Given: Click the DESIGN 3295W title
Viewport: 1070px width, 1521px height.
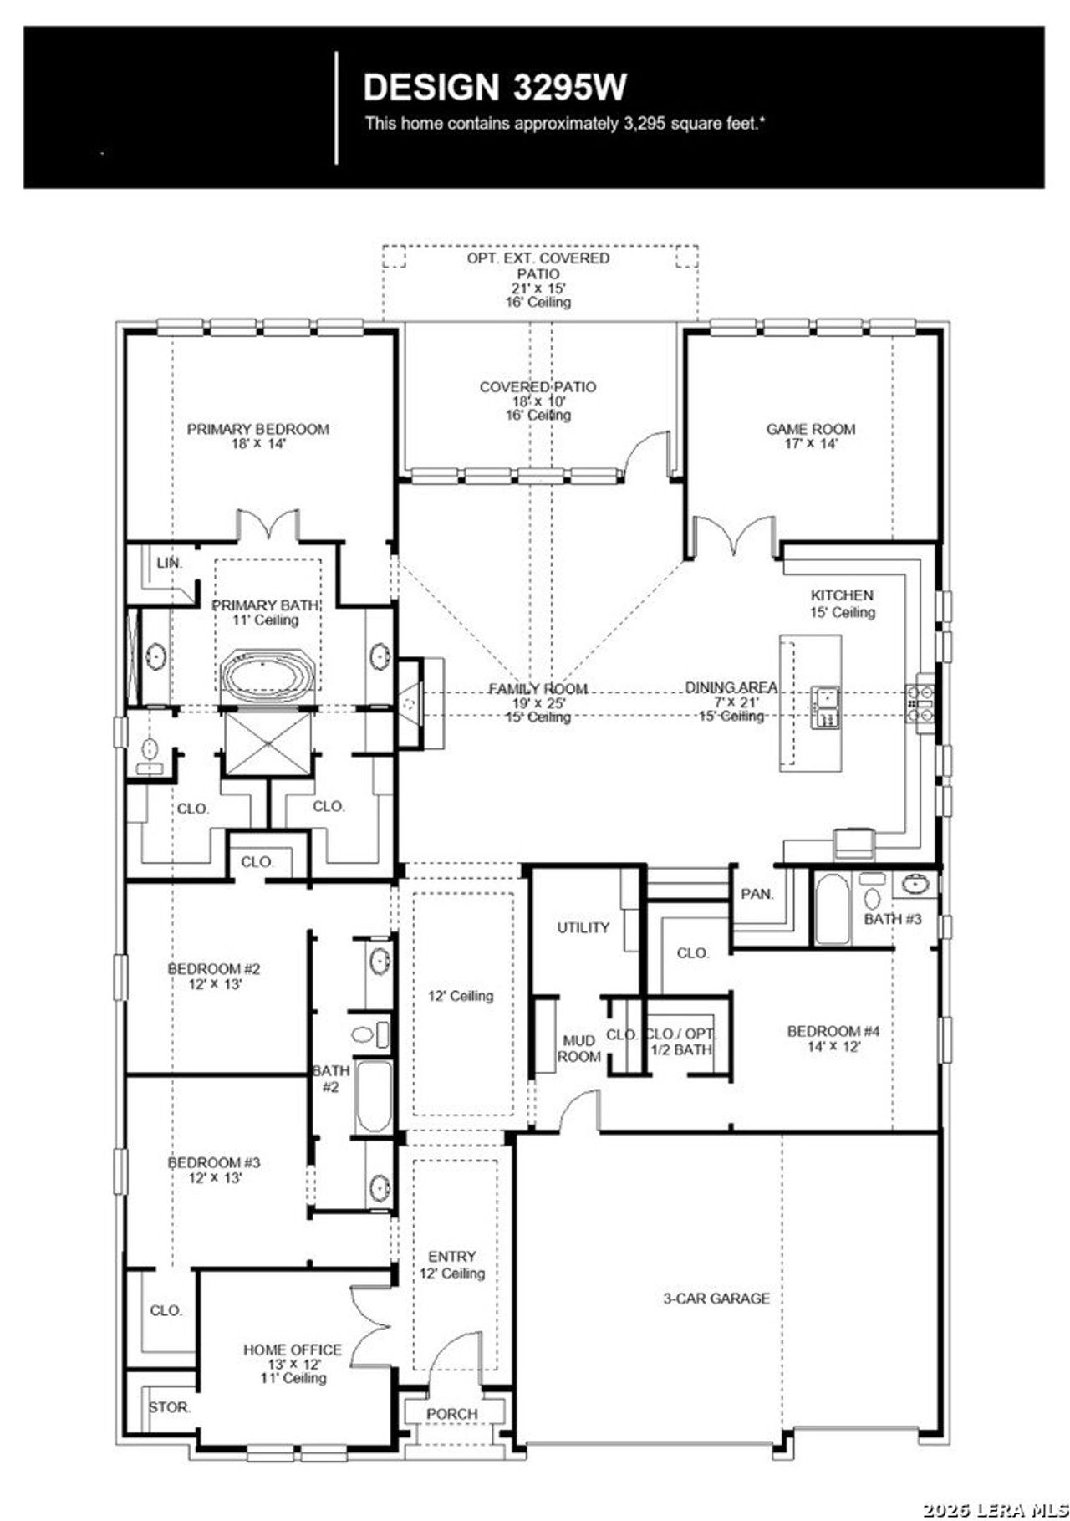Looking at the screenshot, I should point(495,86).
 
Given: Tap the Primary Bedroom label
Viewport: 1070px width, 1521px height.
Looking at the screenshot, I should point(257,436).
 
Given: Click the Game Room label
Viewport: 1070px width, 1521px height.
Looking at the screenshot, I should point(810,436).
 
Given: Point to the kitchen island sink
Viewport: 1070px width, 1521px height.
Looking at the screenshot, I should point(825,707).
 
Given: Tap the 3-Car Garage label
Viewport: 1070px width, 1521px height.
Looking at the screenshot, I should point(716,1299).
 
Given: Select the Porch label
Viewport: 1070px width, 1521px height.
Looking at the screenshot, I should point(451,1413).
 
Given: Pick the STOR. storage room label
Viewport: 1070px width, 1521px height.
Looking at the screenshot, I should point(170,1407).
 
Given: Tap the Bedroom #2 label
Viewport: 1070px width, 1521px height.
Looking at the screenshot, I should point(214,976).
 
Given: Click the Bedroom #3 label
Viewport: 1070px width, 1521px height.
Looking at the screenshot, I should point(214,1169).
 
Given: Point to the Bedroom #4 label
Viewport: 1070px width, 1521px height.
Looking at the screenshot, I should point(833,1038).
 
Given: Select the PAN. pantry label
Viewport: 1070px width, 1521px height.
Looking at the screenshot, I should point(757,894).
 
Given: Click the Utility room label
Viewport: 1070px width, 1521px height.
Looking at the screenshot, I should point(583,927).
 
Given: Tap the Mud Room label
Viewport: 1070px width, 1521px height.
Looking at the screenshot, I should point(578,1048).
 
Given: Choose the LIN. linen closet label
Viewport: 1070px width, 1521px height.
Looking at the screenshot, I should point(169,563).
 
